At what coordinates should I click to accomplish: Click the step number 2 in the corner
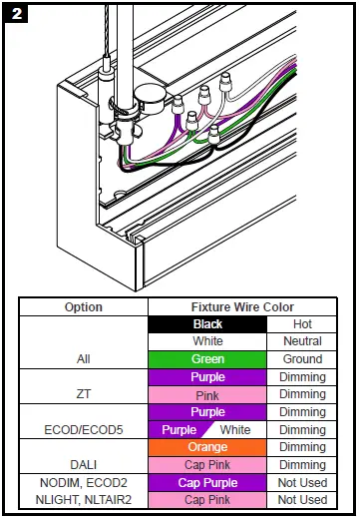point(16,16)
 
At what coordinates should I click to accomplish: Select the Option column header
point(84,306)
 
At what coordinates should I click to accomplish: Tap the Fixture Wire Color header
point(249,306)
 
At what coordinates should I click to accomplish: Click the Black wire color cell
point(207,324)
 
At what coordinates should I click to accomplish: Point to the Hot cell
point(301,324)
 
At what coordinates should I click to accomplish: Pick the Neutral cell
point(301,341)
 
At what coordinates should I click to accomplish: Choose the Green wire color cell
point(207,359)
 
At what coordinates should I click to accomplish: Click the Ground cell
point(301,359)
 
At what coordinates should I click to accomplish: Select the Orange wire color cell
point(207,447)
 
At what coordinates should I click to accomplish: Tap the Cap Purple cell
point(207,482)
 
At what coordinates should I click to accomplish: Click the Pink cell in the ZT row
point(207,394)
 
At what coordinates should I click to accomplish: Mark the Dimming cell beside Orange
point(301,447)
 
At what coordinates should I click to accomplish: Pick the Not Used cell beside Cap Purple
point(301,482)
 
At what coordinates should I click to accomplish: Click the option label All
point(84,359)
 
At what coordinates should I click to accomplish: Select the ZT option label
point(84,394)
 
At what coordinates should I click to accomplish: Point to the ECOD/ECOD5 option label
point(84,429)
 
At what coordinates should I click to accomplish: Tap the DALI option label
point(84,464)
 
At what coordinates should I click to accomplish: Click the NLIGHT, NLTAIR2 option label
point(84,500)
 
